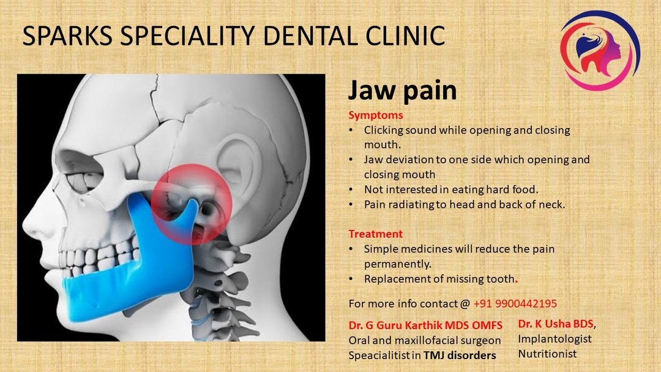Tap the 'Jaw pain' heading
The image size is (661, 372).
coord(402,90)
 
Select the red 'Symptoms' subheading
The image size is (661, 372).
coord(376,115)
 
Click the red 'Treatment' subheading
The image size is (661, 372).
coord(375,234)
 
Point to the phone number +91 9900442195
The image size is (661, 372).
coord(515,303)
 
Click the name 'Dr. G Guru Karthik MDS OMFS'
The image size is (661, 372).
coord(425,325)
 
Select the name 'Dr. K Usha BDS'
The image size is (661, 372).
coord(556,324)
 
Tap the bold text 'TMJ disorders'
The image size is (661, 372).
coord(460,355)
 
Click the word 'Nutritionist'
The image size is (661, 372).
coord(547,354)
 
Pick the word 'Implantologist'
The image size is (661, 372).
coord(555,339)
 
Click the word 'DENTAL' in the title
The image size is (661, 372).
coord(311,36)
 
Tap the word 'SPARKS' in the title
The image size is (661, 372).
coord(67,36)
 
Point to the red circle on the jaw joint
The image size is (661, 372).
coord(192,205)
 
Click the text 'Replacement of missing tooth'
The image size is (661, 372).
coord(439,279)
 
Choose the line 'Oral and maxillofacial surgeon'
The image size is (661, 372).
coord(425,340)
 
